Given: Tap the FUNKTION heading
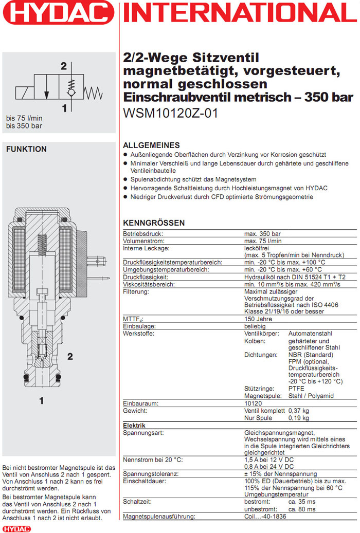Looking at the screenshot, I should click(x=26, y=149).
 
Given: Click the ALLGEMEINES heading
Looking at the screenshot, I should click(x=151, y=145).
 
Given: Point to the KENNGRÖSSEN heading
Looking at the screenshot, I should click(x=154, y=223).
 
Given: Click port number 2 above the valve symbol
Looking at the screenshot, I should click(x=64, y=66).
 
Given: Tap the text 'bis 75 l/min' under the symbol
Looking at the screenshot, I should click(x=24, y=117).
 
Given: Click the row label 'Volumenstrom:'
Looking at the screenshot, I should click(x=143, y=241).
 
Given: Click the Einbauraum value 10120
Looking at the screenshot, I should click(x=254, y=403).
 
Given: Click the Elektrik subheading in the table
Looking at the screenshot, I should click(x=134, y=426).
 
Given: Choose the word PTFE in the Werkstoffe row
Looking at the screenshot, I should click(x=297, y=389).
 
